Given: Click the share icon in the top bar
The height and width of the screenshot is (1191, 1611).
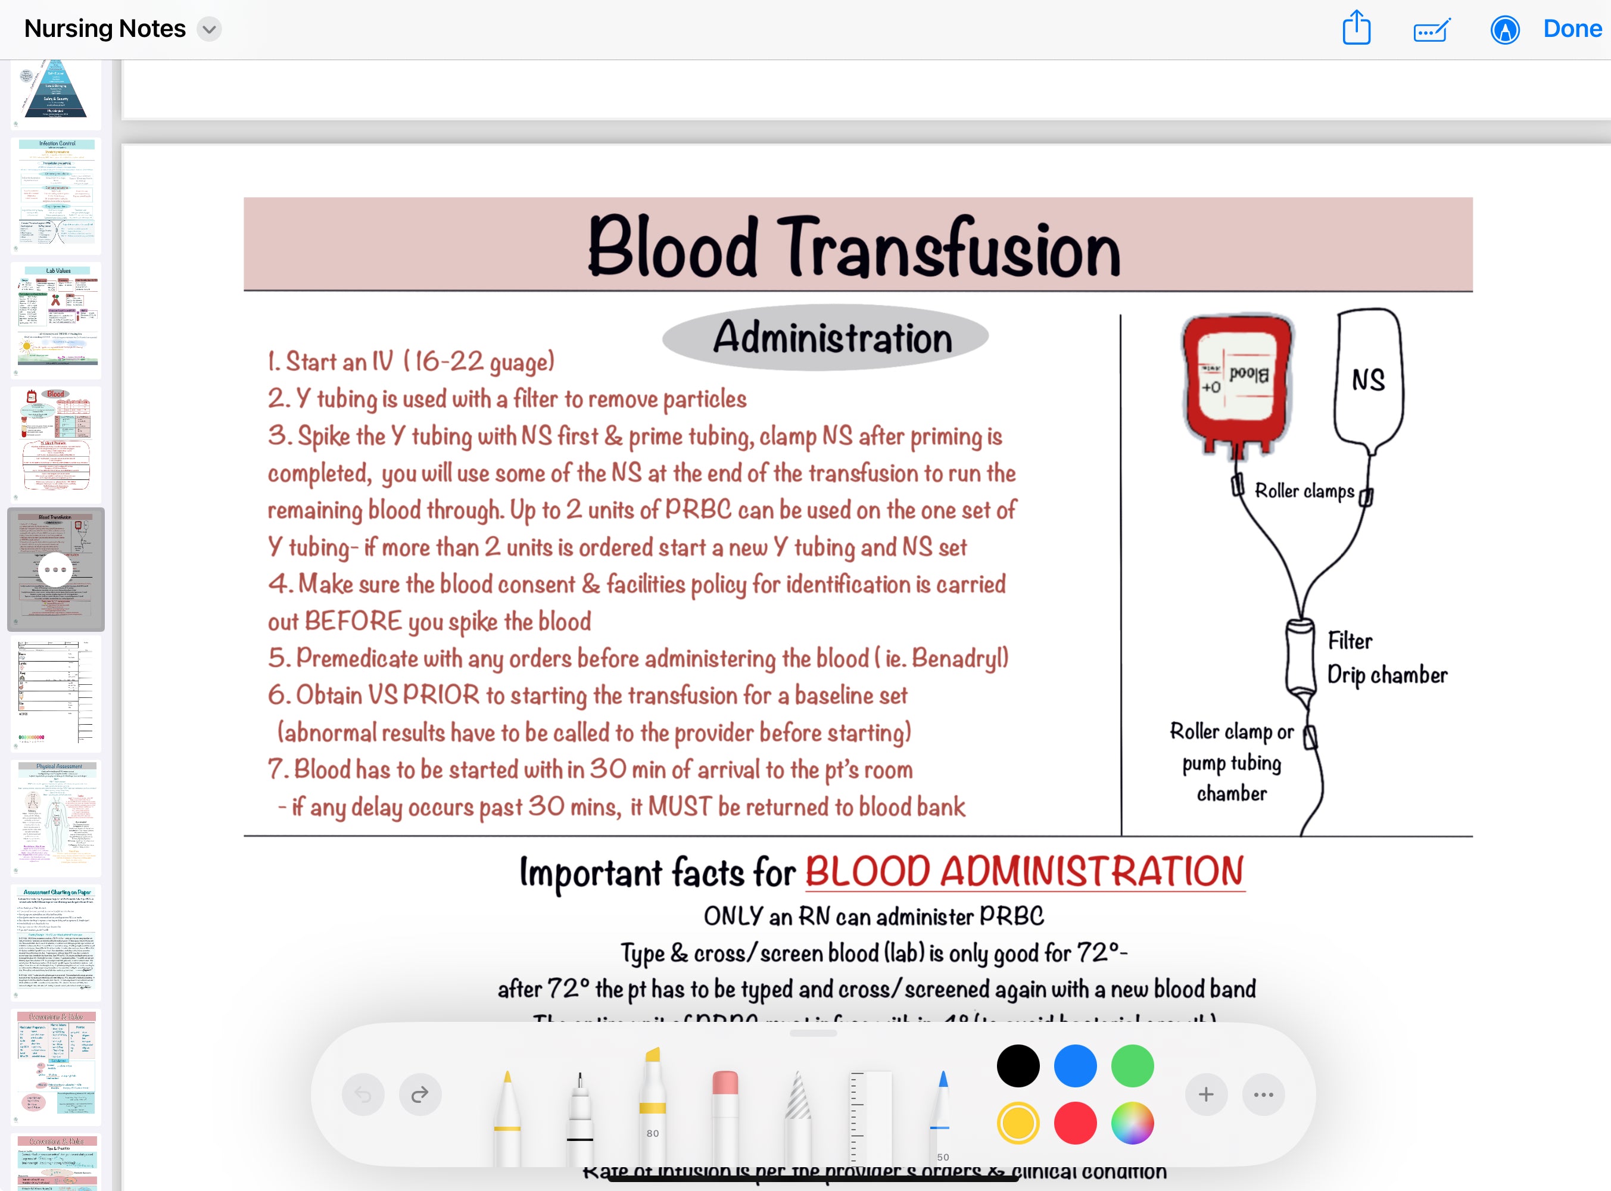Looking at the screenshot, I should coord(1356,28).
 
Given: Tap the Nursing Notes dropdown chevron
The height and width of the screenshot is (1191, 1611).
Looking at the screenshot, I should coord(209,30).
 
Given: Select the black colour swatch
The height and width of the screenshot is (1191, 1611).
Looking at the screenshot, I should coord(1018,1065).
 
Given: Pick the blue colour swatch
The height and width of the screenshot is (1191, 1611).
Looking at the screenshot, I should coord(1075,1065).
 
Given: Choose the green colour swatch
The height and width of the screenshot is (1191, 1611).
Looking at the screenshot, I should coord(1132,1065).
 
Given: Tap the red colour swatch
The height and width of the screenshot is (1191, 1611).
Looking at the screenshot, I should coord(1075,1123).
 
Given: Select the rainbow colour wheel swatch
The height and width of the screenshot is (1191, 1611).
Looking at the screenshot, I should coord(1132,1123).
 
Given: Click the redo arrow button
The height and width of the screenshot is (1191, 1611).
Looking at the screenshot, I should coord(420,1095).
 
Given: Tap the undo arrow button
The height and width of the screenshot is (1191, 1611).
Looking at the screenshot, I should coord(363,1095).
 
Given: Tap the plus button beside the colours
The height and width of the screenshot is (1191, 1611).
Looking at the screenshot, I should coord(1206,1095).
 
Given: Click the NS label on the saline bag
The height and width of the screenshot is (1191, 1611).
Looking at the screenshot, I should coord(1367,380).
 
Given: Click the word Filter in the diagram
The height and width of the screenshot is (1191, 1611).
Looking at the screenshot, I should coord(1350,641).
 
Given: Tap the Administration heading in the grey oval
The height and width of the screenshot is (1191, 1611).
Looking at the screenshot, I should coord(832,338).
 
